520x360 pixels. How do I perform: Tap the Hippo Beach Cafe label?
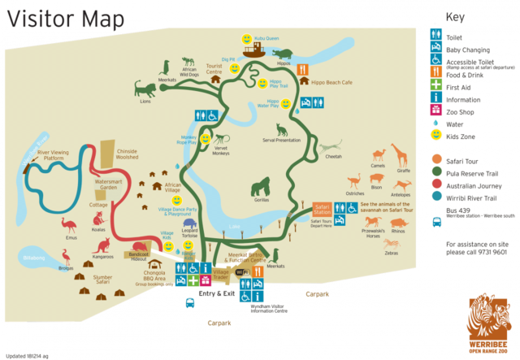pos(329,83)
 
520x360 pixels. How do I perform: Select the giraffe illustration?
pos(399,155)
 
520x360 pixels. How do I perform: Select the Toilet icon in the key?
pos(435,35)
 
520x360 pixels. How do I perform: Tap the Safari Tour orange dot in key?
pos(435,160)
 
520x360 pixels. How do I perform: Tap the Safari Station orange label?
pos(323,209)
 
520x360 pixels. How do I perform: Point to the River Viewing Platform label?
pos(55,154)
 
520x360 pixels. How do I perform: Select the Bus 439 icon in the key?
pos(435,215)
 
